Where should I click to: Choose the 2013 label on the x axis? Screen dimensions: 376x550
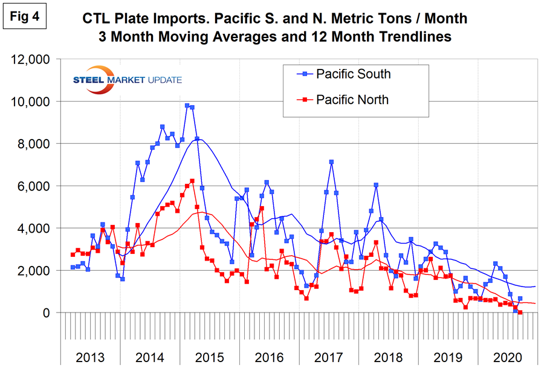point(90,357)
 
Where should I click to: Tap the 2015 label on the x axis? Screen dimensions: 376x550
point(210,357)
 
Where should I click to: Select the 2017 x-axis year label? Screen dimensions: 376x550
point(329,357)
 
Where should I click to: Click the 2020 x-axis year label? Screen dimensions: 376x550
point(508,357)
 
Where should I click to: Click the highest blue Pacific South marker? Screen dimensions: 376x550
point(187,106)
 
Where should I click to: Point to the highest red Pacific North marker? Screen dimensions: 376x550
point(192,181)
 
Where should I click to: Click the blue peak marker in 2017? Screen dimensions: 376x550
point(331,162)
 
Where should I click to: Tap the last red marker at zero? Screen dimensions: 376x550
point(520,313)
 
